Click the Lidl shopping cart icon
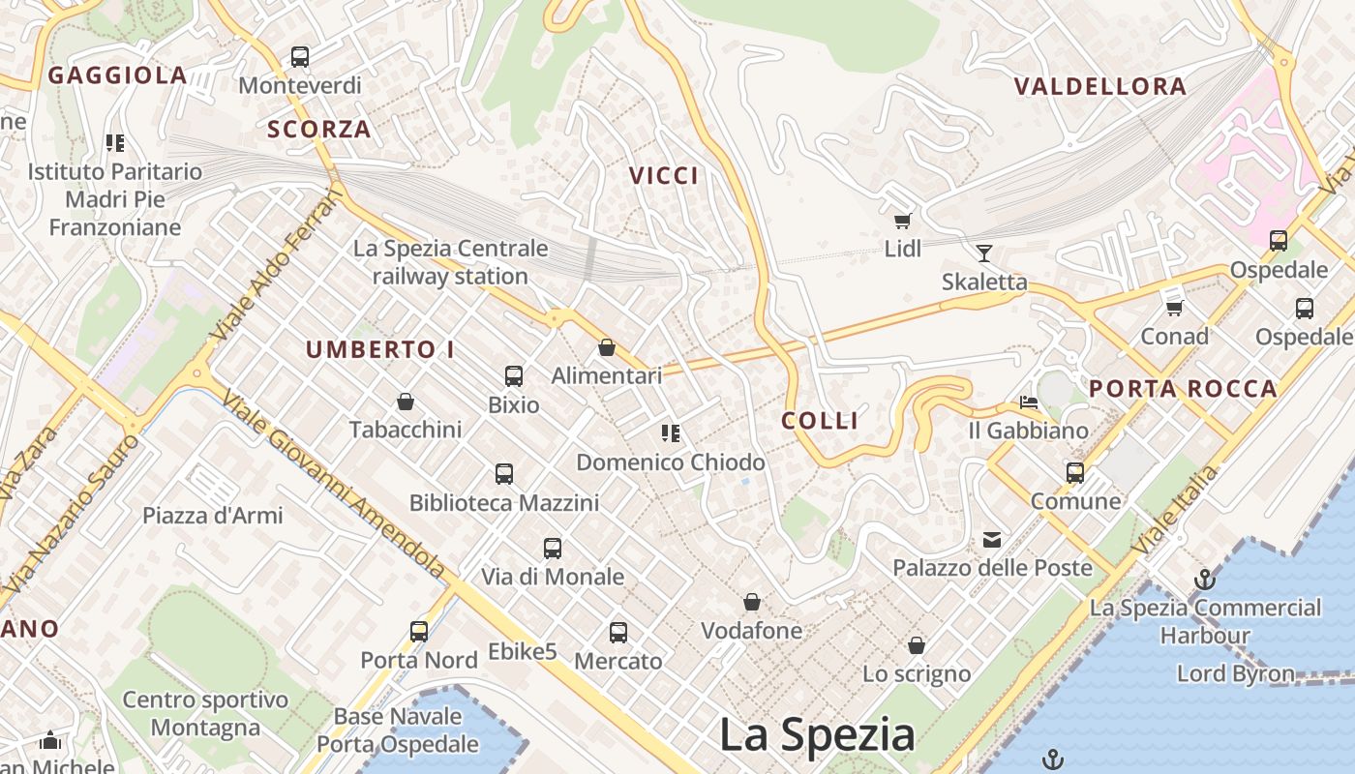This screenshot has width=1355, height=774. [903, 221]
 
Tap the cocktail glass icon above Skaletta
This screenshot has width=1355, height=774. [984, 253]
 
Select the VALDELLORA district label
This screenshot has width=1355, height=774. [1100, 87]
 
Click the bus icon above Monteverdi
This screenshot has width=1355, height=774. [300, 57]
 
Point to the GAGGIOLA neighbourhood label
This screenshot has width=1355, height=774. [117, 75]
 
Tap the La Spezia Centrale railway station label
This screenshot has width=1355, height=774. [450, 262]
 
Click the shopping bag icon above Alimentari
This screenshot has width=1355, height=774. [607, 347]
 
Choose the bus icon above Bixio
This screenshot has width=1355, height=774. [514, 376]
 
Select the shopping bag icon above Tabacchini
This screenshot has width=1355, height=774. [406, 402]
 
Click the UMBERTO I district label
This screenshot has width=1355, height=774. [380, 350]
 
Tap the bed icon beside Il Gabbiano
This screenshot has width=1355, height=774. [1029, 402]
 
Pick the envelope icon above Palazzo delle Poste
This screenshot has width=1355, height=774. [992, 540]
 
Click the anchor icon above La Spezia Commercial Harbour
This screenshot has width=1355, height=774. [1205, 580]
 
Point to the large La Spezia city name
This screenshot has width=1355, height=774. [817, 735]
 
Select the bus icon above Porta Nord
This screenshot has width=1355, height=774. [419, 632]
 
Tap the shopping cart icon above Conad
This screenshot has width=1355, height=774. [1175, 308]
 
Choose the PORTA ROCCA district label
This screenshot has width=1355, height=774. [1183, 389]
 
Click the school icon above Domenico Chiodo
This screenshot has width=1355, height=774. [670, 433]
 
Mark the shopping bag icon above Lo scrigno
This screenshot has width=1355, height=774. [917, 645]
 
